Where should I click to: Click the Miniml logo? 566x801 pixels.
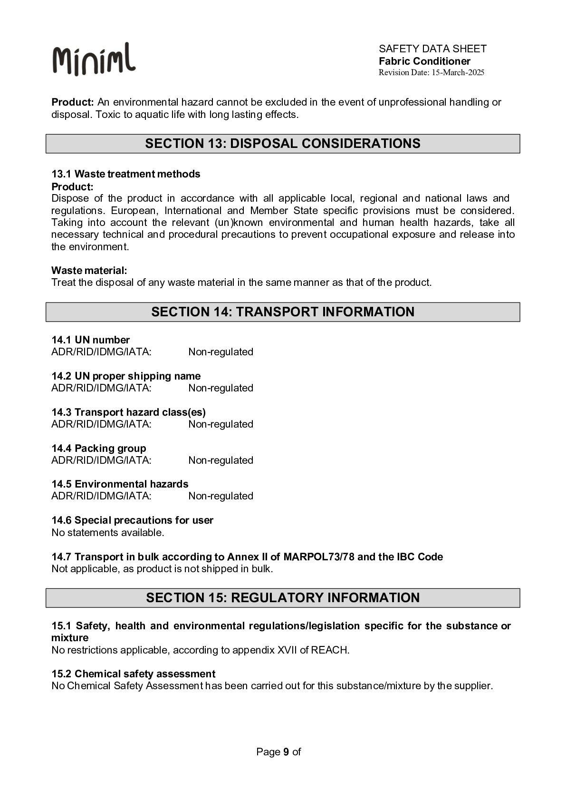click(94, 59)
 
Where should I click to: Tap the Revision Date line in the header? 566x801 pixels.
click(431, 73)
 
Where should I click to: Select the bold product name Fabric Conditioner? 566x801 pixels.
click(424, 61)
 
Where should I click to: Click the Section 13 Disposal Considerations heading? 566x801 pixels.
click(283, 144)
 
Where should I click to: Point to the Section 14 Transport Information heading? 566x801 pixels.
click(283, 312)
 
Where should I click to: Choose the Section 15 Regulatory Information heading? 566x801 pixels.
click(283, 598)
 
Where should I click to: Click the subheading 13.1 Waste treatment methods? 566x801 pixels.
click(126, 174)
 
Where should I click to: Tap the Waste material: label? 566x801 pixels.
click(89, 271)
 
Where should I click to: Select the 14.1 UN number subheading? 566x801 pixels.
click(90, 340)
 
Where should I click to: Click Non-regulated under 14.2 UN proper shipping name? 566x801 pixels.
click(221, 388)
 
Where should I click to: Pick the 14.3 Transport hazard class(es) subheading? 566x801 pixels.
click(128, 412)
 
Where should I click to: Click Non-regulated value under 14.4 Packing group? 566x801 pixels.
click(221, 460)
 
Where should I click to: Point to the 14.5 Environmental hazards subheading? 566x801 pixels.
click(120, 484)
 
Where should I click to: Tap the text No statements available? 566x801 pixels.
click(108, 533)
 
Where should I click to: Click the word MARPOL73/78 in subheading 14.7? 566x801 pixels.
click(319, 557)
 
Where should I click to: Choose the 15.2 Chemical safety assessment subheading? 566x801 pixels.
click(133, 674)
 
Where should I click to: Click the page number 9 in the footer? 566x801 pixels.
click(286, 752)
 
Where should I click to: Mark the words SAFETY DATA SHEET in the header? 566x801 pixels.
click(432, 49)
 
